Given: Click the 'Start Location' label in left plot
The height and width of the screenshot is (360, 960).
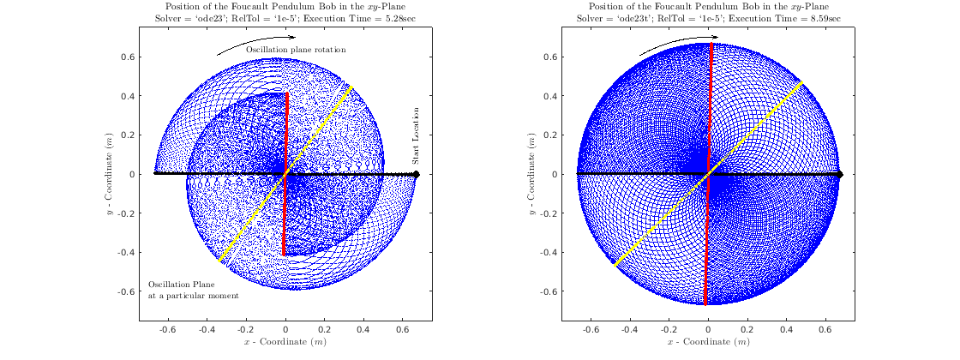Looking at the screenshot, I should [416, 136].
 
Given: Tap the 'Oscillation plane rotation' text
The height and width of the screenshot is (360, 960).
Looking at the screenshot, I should [296, 50].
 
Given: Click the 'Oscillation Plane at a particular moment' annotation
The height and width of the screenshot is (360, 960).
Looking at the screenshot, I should [193, 290].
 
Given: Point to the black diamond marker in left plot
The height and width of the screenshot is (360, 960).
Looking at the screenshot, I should [416, 174].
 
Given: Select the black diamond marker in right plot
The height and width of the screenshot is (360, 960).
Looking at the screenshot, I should [840, 174].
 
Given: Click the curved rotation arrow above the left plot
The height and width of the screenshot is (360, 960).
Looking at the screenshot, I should [255, 43].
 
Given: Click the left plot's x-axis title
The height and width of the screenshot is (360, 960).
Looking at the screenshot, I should [285, 342].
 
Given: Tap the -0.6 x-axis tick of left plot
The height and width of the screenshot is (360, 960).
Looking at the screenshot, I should [167, 328].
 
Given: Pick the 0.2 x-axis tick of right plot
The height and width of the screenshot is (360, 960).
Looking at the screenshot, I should [747, 328].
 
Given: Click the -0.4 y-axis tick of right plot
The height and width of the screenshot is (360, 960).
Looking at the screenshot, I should [549, 252].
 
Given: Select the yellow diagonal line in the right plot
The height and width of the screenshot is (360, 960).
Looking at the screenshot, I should [754, 129].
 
